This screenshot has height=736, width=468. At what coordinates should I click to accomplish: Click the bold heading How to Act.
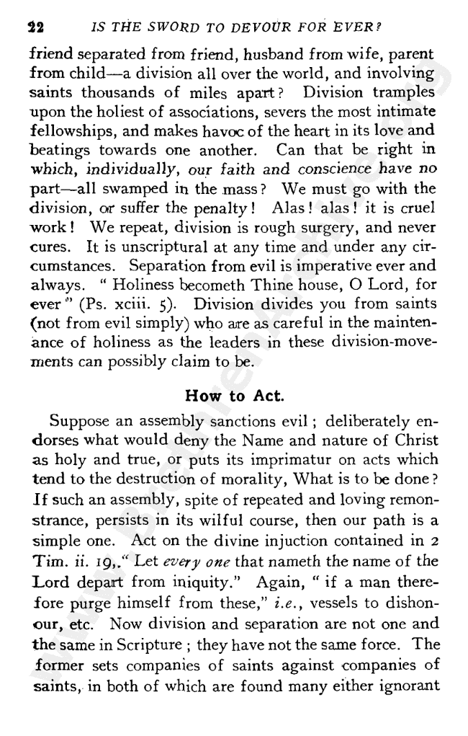pyautogui.click(x=233, y=394)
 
